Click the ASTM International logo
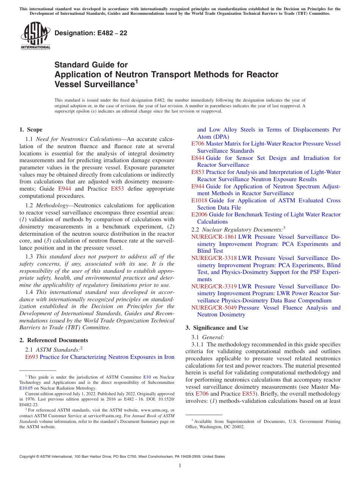(x=35, y=36)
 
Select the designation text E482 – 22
(x=91, y=33)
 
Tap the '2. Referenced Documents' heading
(x=54, y=340)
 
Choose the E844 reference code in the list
(x=198, y=158)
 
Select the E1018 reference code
(x=199, y=200)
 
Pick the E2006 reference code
(x=199, y=214)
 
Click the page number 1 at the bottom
(x=180, y=466)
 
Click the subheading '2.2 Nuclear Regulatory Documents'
(x=237, y=229)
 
